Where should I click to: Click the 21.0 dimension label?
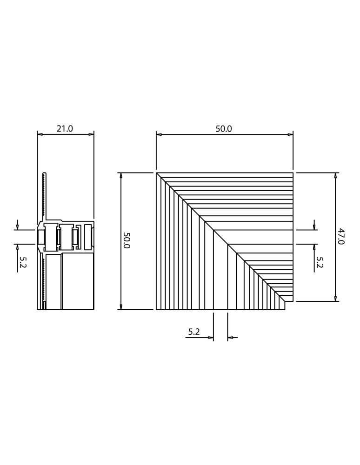pos(65,129)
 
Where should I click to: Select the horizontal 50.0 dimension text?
pos(223,129)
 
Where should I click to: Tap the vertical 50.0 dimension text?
pos(126,240)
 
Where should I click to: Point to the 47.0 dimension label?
pos(340,236)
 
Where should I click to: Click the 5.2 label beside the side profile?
pos(22,262)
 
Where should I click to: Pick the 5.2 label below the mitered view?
pos(194,332)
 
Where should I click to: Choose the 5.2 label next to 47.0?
pos(320,262)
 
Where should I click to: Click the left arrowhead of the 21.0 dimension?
pos(40,134)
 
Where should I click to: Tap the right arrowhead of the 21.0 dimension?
pos(91,134)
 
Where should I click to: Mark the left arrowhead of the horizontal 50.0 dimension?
pos(159,134)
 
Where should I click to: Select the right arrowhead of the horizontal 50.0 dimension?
pos(290,134)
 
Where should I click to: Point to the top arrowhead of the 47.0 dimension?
pos(335,176)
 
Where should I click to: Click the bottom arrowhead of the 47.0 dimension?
pos(335,299)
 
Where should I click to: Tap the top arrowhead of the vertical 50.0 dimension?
pos(121,176)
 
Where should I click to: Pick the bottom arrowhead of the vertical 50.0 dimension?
pos(121,307)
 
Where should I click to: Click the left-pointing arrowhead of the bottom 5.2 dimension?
pos(231,338)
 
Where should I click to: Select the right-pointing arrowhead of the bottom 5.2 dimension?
pos(210,338)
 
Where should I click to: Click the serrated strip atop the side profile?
pos(44,195)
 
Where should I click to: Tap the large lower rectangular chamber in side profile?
pos(78,281)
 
